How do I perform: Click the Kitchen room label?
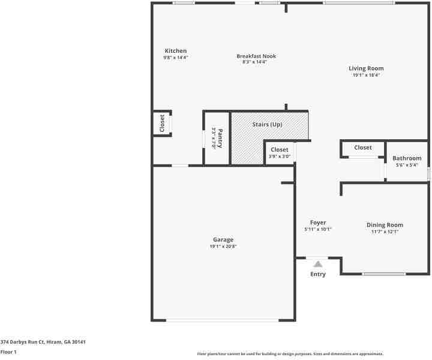click(x=176, y=51)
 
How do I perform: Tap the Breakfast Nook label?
click(x=256, y=56)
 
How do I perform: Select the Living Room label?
click(x=366, y=68)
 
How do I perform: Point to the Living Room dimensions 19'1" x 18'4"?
click(x=366, y=76)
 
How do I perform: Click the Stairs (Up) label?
click(x=268, y=125)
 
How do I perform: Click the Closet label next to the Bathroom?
click(x=363, y=148)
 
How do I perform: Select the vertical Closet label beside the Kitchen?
click(x=162, y=124)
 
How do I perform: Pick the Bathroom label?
click(x=407, y=158)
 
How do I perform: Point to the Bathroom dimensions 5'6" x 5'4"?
click(x=407, y=165)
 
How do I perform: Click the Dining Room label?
click(x=385, y=225)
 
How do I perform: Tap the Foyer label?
click(x=318, y=223)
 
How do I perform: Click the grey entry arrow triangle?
click(x=318, y=263)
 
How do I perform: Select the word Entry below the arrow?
click(x=318, y=274)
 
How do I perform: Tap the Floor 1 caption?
click(x=8, y=352)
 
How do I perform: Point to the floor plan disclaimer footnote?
click(x=290, y=354)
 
